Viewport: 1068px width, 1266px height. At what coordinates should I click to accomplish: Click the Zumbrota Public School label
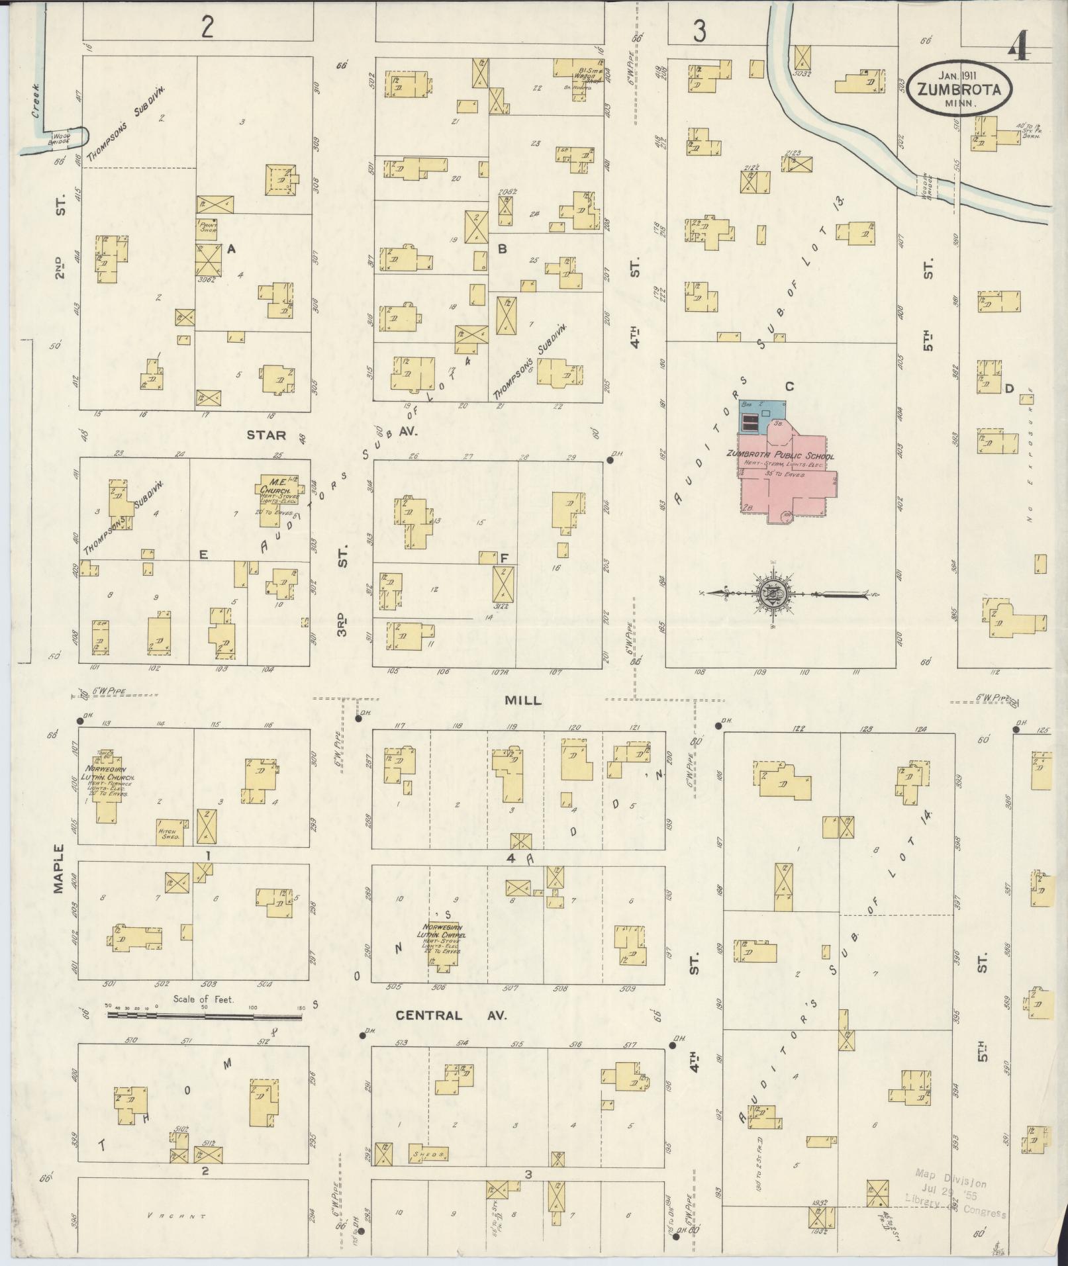pyautogui.click(x=780, y=456)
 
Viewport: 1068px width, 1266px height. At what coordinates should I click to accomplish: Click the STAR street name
pyautogui.click(x=266, y=435)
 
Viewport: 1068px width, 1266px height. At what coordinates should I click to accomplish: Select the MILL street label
pyautogui.click(x=523, y=700)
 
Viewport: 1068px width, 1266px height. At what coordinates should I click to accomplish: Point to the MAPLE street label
pyautogui.click(x=60, y=868)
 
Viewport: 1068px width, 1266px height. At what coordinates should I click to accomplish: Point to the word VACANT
pyautogui.click(x=177, y=1216)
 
